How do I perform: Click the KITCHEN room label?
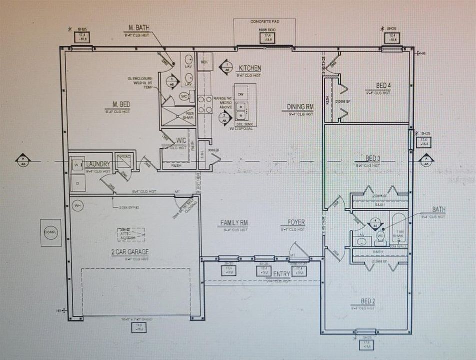pyautogui.click(x=250, y=68)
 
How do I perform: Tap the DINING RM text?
pyautogui.click(x=300, y=107)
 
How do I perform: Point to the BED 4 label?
pyautogui.click(x=383, y=85)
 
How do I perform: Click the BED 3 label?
pyautogui.click(x=367, y=158)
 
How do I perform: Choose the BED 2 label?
pyautogui.click(x=367, y=301)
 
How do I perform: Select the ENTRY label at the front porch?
pyautogui.click(x=282, y=274)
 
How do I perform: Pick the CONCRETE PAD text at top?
pyautogui.click(x=265, y=22)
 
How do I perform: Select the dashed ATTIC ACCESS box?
pyautogui.click(x=131, y=234)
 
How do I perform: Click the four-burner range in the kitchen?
pyautogui.click(x=205, y=104)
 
